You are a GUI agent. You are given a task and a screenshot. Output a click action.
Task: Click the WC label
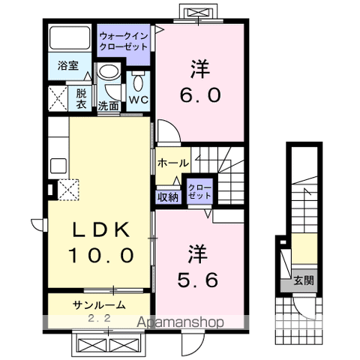click(138, 100)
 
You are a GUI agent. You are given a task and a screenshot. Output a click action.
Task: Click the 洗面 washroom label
click(109, 106)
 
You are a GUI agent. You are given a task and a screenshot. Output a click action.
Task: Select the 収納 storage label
click(167, 197)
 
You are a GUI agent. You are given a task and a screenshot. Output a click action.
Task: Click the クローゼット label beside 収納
click(198, 191)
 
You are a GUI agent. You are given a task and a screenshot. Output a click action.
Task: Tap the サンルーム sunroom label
click(98, 304)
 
